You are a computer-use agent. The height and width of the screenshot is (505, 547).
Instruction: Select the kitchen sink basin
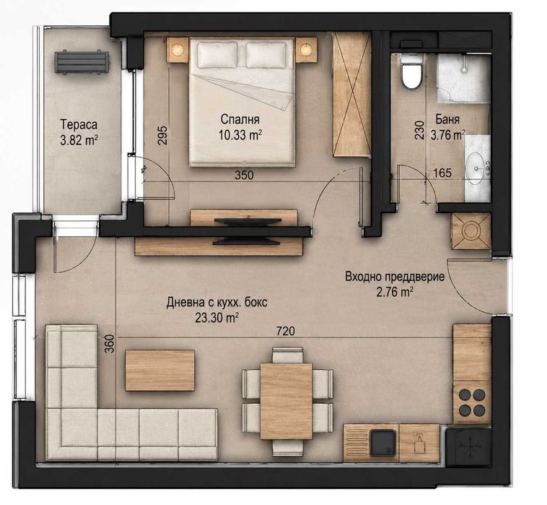tap(383, 443)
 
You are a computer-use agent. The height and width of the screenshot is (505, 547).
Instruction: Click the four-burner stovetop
tap(472, 402)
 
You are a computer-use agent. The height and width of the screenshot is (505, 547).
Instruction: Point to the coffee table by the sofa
tap(159, 370)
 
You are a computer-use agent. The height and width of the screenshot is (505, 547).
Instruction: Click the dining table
tap(286, 401)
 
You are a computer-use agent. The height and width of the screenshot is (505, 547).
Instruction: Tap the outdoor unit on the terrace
tap(82, 62)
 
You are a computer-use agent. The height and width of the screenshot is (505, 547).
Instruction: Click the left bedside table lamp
tap(178, 49)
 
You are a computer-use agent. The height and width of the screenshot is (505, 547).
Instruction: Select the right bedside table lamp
tap(306, 49)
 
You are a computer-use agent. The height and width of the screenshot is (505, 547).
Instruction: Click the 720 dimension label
tap(285, 330)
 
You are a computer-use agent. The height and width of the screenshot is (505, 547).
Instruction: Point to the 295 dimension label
tap(162, 135)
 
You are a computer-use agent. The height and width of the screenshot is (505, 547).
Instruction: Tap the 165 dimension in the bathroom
tap(442, 173)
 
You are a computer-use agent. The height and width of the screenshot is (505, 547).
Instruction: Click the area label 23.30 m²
tap(216, 318)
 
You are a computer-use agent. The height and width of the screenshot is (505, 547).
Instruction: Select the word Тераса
tap(79, 124)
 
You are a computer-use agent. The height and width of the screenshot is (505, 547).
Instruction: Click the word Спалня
tap(240, 119)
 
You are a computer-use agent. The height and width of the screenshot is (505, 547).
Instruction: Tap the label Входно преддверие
tap(395, 277)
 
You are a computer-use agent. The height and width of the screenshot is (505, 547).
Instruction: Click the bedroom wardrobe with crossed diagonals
tap(351, 95)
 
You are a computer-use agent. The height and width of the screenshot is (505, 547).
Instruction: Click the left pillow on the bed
tap(218, 55)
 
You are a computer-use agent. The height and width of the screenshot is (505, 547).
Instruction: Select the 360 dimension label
tap(110, 343)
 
